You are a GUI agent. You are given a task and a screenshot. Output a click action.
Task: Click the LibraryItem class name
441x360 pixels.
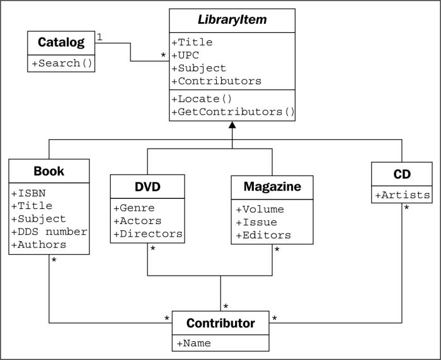click(232, 20)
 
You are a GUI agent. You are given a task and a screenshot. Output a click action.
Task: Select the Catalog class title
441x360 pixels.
click(61, 42)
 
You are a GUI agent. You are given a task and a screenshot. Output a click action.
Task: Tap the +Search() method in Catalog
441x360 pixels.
click(62, 63)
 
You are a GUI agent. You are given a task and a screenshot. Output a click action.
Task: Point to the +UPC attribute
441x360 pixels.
click(185, 55)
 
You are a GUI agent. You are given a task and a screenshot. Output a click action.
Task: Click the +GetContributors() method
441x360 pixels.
click(233, 112)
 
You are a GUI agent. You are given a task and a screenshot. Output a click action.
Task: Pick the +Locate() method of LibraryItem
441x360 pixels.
click(202, 99)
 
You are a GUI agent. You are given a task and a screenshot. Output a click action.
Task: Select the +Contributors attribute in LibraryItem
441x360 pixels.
click(216, 81)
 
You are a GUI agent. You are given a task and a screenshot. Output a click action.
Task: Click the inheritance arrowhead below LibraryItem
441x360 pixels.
click(232, 125)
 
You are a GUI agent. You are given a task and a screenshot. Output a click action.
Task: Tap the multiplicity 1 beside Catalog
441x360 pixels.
click(100, 37)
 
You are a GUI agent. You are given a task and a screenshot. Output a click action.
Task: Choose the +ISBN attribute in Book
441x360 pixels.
click(28, 193)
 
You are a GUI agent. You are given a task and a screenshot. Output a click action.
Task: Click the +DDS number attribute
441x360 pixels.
click(49, 232)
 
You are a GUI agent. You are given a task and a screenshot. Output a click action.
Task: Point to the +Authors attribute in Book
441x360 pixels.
click(39, 245)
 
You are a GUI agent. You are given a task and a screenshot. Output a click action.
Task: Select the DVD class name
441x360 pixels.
click(147, 186)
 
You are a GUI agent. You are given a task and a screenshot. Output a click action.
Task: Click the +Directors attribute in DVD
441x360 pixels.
click(148, 234)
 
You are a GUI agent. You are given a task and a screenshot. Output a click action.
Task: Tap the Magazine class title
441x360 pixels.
click(272, 186)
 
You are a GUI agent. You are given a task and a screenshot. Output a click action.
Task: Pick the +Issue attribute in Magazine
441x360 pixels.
click(256, 222)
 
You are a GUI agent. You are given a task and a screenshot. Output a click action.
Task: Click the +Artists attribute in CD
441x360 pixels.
click(403, 195)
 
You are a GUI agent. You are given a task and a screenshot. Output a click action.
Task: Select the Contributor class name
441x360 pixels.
click(220, 323)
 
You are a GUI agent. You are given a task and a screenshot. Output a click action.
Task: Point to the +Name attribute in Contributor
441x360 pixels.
click(194, 343)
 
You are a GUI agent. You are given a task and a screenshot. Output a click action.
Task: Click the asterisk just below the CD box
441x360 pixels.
click(406, 208)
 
